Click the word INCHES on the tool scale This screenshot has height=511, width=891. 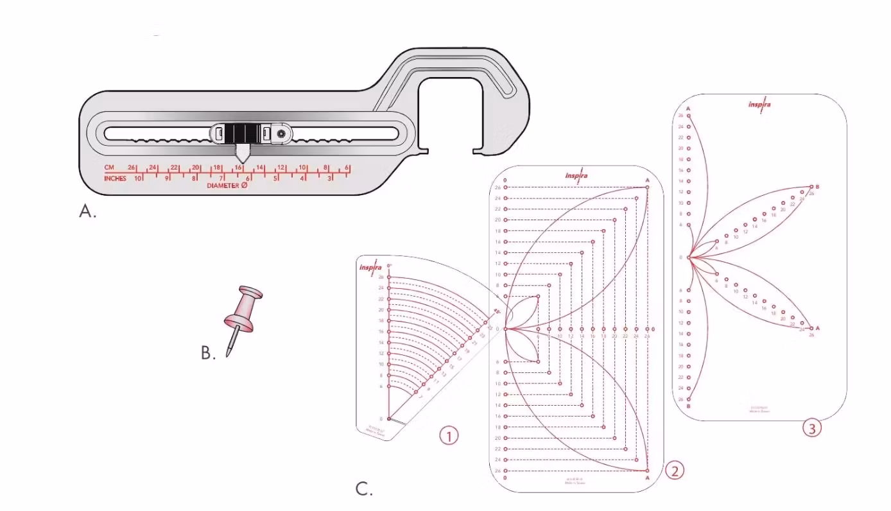[x=116, y=178]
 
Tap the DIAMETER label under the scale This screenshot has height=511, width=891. [x=223, y=186]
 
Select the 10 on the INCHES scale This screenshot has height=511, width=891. [x=138, y=178]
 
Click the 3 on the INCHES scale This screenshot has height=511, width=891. [x=330, y=178]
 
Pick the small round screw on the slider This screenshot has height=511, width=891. [x=281, y=134]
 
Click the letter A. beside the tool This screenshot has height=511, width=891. [x=87, y=212]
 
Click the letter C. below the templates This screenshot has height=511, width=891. [x=364, y=489]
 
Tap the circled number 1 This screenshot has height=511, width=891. [x=449, y=436]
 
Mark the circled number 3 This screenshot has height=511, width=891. [x=812, y=429]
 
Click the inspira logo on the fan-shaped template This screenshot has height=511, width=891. [x=371, y=268]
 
